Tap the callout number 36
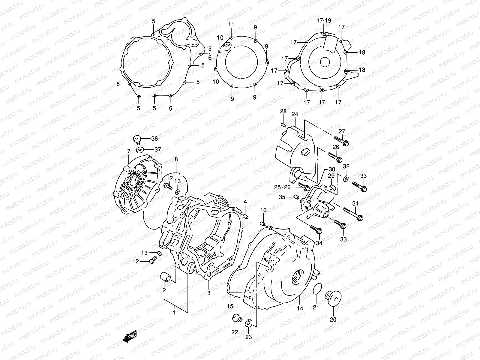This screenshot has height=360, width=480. coord(154,139)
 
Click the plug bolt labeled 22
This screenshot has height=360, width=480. coord(236,318)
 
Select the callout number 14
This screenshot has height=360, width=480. coord(300,308)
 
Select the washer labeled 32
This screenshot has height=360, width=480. coord(345,178)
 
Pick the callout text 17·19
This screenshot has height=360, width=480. coord(324,20)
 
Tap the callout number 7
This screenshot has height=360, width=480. coord(129,151)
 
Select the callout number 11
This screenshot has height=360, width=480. coord(231,24)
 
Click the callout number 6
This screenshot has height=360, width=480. coord(210,58)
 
